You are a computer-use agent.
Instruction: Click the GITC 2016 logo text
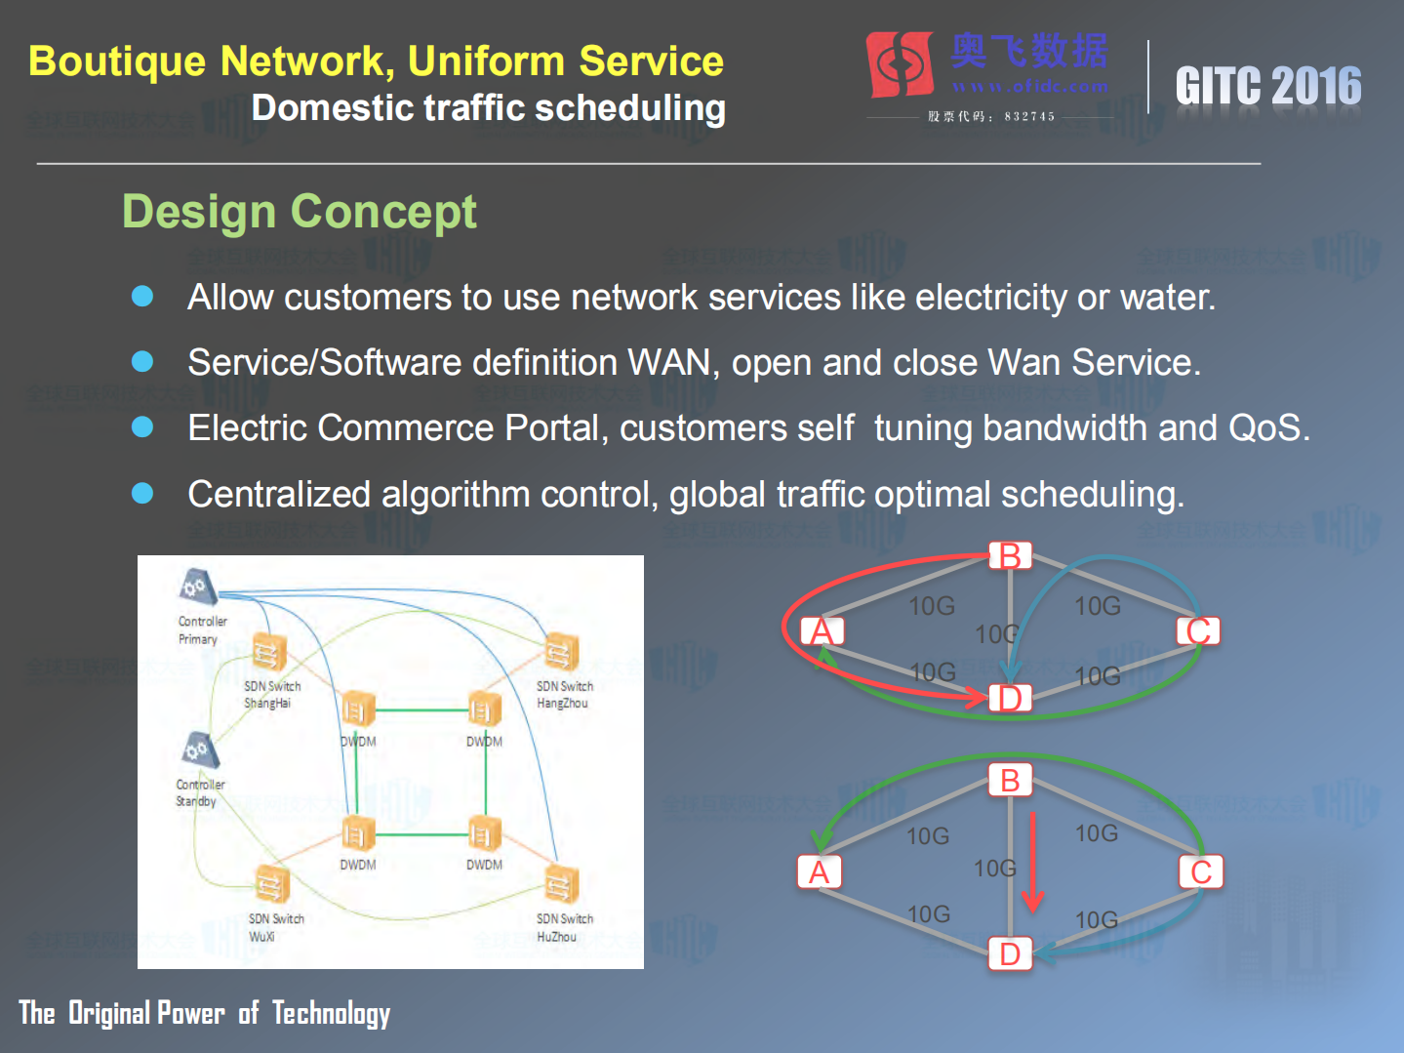pos(1267,86)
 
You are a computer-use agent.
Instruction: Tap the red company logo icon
pos(900,64)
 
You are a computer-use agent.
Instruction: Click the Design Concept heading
pos(299,212)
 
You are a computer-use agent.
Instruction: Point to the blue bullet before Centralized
pos(142,494)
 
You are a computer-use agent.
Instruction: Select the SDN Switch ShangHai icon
pos(269,652)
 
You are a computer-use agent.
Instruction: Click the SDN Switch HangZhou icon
pos(561,651)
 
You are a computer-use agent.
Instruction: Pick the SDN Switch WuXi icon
pos(271,885)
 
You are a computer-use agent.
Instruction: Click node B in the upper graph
pos(1010,555)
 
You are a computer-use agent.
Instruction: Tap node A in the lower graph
pos(819,871)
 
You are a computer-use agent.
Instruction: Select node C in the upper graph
pos(1198,630)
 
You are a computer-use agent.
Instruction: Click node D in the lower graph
pos(1010,953)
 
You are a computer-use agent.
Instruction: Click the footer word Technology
pos(331,1014)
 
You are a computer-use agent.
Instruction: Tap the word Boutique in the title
pos(117,61)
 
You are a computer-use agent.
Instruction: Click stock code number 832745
pos(1029,116)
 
